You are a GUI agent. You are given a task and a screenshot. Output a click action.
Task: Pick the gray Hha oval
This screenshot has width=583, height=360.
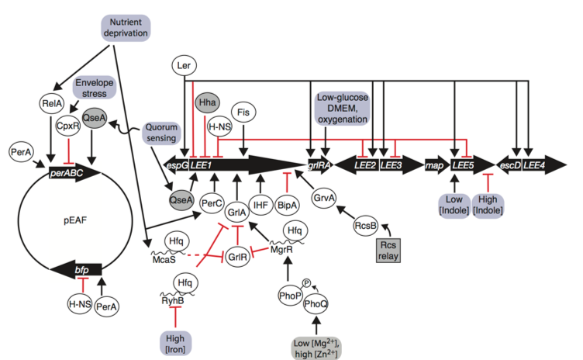click(x=207, y=102)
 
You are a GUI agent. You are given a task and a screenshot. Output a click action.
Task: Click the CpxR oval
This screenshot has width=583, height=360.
click(x=71, y=124)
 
